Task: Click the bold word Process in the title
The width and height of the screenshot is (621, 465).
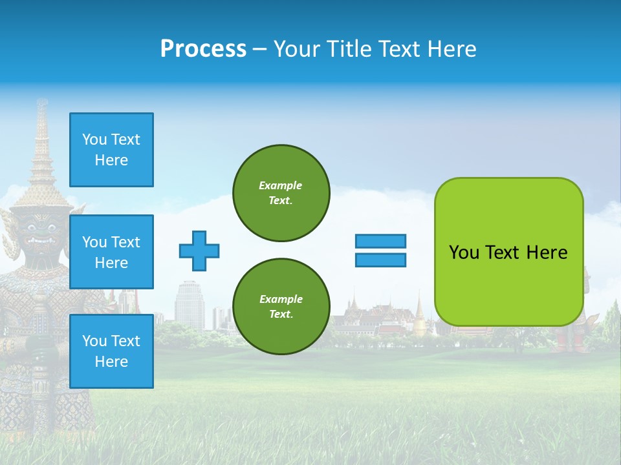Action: [x=203, y=49]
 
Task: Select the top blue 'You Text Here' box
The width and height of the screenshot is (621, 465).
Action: [x=111, y=150]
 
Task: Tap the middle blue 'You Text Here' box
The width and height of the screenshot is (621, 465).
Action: [x=111, y=252]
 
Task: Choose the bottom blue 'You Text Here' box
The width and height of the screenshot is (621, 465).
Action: [x=111, y=351]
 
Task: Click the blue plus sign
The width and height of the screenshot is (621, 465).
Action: [x=199, y=251]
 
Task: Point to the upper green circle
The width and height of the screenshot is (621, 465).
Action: [x=281, y=193]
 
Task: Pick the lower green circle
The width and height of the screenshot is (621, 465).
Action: [x=281, y=307]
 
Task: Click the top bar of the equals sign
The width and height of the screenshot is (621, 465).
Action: [x=380, y=241]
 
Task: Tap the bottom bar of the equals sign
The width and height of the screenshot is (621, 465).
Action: [x=380, y=260]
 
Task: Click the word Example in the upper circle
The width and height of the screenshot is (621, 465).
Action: [x=281, y=185]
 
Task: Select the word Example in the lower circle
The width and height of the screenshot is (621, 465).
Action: [x=281, y=299]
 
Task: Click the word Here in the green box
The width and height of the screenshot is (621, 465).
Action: [x=547, y=253]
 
